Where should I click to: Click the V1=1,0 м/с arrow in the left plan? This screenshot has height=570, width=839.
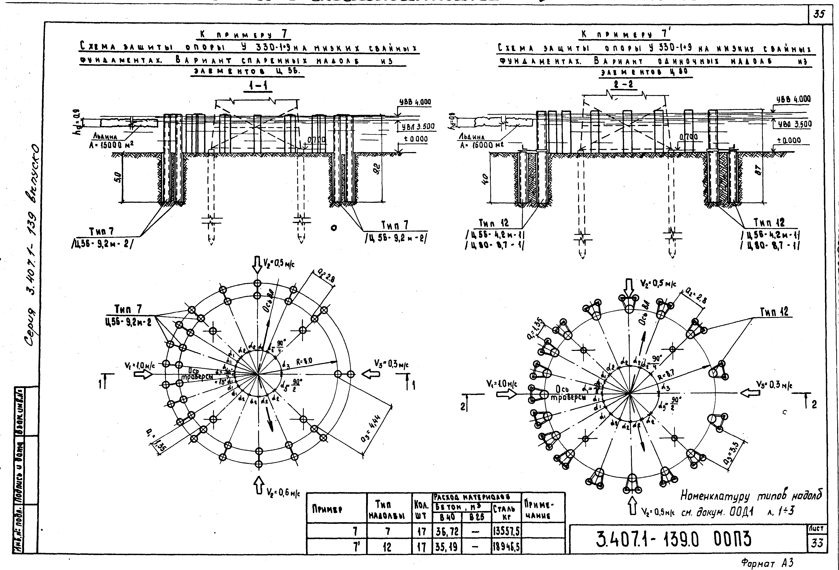coord(143,375)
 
